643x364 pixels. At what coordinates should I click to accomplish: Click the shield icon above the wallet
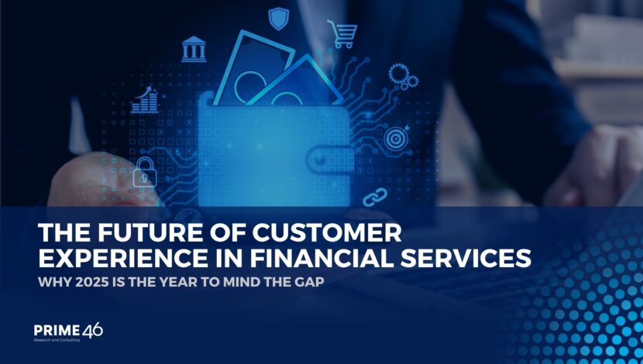coord(279,19)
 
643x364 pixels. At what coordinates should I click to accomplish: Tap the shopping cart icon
coord(342,34)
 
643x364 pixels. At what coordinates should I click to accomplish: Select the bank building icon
coord(194,50)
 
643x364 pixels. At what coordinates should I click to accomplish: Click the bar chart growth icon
coord(145,100)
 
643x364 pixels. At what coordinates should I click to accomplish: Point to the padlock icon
coord(145,173)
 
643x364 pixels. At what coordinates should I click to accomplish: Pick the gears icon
coord(404,77)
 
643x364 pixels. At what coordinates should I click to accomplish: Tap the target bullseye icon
coord(397,138)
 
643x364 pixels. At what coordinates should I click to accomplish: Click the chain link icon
coord(375,197)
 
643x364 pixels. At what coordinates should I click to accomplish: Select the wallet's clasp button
coord(321,160)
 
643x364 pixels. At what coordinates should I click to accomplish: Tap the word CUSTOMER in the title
coord(327,233)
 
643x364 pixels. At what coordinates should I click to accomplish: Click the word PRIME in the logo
coord(57,331)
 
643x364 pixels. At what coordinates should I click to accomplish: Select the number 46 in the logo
coord(93,331)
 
